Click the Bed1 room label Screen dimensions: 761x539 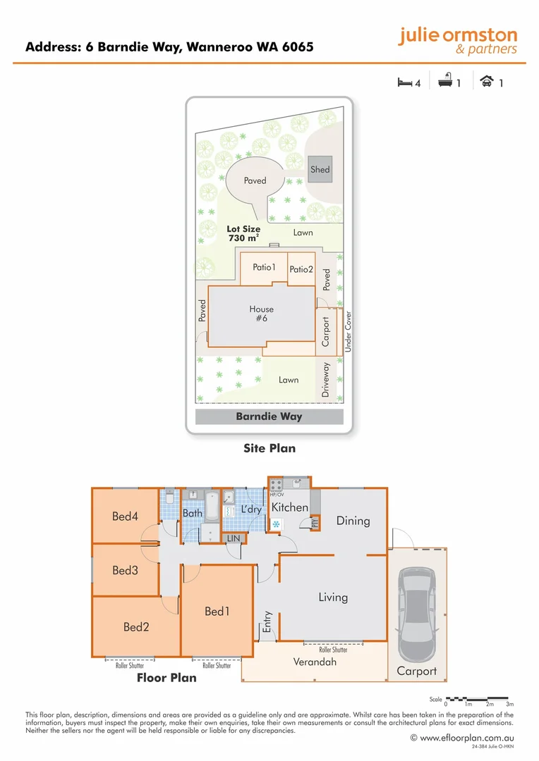coord(217,611)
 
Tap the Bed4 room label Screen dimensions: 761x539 coord(125,516)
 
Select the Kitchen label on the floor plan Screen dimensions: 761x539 coord(290,507)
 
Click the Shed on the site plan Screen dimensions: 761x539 coord(320,169)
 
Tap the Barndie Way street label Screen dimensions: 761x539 coord(269,416)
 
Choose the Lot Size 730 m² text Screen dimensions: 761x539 coord(243,233)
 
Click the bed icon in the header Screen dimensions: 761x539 coord(404,82)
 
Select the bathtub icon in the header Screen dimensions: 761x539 coord(445,82)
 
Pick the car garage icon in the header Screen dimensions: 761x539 coord(486,82)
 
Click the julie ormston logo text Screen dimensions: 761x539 coord(457,36)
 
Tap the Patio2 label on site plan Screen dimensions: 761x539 coord(301,269)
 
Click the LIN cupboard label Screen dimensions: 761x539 coord(233,538)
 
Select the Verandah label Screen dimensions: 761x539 coord(315,662)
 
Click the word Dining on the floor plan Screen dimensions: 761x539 coord(353,521)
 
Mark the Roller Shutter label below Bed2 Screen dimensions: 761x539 coord(130,665)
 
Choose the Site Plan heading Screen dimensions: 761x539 coord(269,448)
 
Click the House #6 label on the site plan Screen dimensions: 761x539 coord(261,314)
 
